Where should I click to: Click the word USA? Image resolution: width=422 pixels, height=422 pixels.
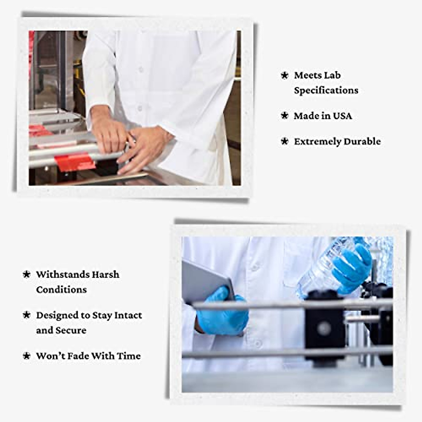(x=342, y=116)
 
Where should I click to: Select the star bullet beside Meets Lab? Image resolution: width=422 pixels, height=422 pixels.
(x=284, y=75)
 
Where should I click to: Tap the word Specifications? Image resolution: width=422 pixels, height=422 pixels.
(x=326, y=90)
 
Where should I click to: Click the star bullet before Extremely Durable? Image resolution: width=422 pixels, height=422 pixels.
(x=284, y=141)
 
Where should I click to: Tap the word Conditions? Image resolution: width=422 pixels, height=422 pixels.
(x=61, y=290)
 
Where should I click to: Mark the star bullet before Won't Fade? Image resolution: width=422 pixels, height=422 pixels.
(x=26, y=356)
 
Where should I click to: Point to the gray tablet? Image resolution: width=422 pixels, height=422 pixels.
(x=204, y=281)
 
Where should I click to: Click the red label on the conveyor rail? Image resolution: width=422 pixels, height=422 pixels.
(x=75, y=162)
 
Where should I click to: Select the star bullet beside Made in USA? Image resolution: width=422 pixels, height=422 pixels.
(x=284, y=116)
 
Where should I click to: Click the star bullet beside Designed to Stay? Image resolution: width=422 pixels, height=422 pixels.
(x=26, y=315)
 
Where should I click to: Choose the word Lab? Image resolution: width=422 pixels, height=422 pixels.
(x=333, y=75)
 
